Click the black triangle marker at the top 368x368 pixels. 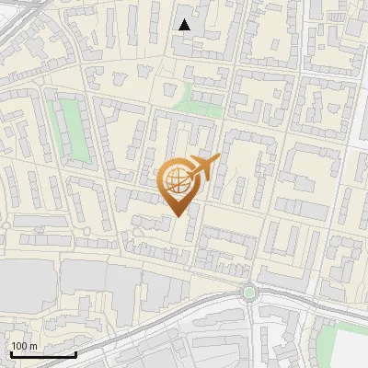(185, 25)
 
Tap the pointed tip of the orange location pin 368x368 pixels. (178, 216)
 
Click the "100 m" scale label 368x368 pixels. (23, 346)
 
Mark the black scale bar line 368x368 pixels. (43, 354)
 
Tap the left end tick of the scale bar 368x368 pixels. (11, 352)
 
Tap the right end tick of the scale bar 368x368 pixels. (75, 352)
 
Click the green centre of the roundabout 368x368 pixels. (248, 293)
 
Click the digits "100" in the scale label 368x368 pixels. (19, 346)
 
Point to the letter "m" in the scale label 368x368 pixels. (33, 347)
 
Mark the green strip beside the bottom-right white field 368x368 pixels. (324, 340)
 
